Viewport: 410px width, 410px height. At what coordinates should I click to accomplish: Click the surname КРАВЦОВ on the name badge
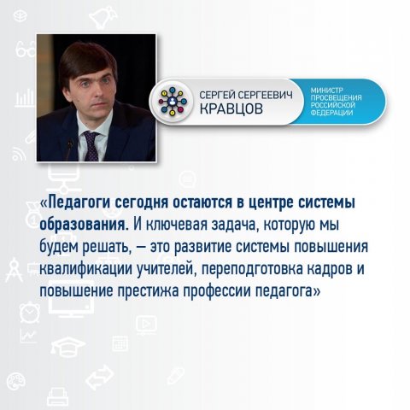tap(231, 108)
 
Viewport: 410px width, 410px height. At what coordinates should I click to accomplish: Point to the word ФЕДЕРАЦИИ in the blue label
tap(331, 113)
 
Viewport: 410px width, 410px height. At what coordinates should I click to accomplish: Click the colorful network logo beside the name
tap(173, 102)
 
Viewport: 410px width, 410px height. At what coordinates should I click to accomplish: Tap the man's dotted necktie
tap(91, 146)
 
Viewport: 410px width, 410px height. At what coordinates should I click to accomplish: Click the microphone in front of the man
tap(69, 149)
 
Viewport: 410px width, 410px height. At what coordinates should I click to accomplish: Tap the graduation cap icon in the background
tap(67, 345)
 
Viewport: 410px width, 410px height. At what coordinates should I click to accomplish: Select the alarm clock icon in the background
tap(30, 312)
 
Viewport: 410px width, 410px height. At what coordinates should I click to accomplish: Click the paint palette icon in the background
tap(16, 381)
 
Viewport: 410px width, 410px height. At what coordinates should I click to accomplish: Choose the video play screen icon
tap(146, 325)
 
